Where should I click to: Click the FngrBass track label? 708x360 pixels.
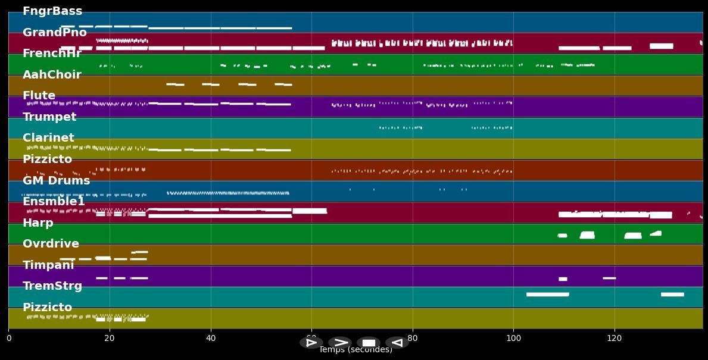52,11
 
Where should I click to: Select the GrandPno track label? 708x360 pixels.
55,33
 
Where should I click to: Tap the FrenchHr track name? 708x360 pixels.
52,54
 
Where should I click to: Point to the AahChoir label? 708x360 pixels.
52,75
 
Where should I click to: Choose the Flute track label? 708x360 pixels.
39,96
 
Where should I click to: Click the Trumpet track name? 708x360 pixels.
49,117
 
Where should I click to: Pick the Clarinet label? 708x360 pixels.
48,138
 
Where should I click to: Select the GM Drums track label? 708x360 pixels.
56,181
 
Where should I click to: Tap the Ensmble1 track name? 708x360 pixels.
54,202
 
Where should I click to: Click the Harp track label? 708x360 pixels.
38,223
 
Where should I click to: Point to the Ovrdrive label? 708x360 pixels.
51,244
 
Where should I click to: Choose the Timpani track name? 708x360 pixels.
48,265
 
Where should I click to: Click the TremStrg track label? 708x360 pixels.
52,286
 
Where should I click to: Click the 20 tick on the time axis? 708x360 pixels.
110,339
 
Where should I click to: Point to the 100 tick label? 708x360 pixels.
513,339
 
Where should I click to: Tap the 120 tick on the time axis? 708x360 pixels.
614,339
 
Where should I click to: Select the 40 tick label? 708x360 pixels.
210,339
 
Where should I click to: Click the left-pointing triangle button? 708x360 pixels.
397,343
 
